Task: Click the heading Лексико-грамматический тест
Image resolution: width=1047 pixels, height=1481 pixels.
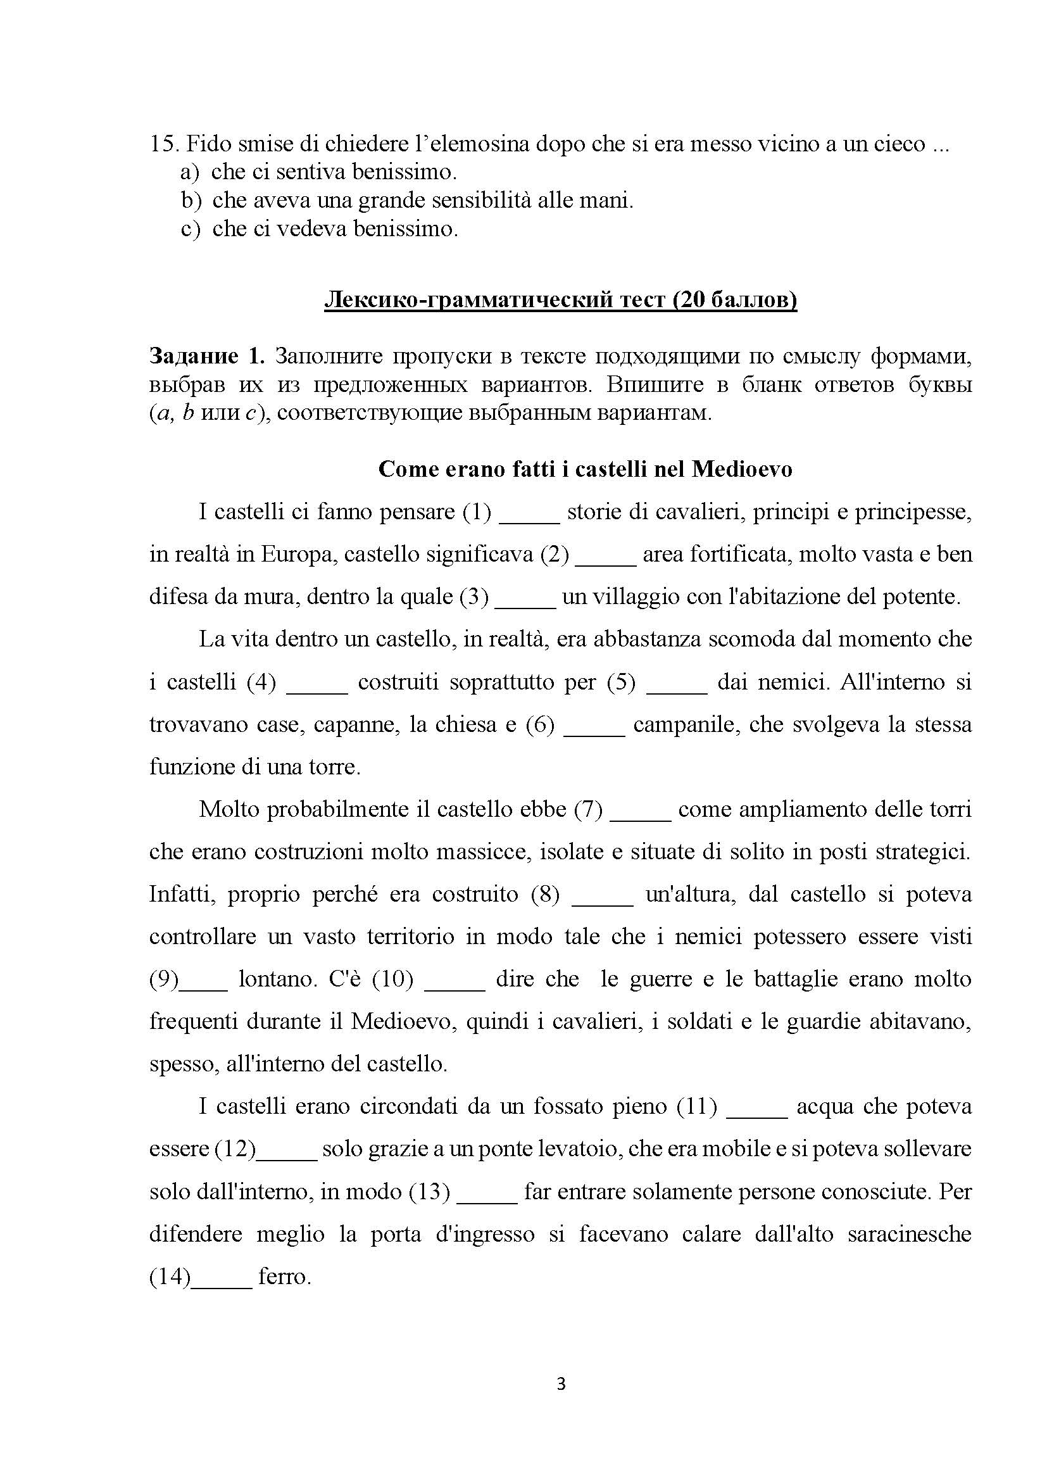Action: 560,300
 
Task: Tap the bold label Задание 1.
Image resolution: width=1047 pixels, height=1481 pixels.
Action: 207,355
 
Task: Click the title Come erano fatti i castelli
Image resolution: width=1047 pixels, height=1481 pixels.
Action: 585,469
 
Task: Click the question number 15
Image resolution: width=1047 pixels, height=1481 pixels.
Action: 163,143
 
